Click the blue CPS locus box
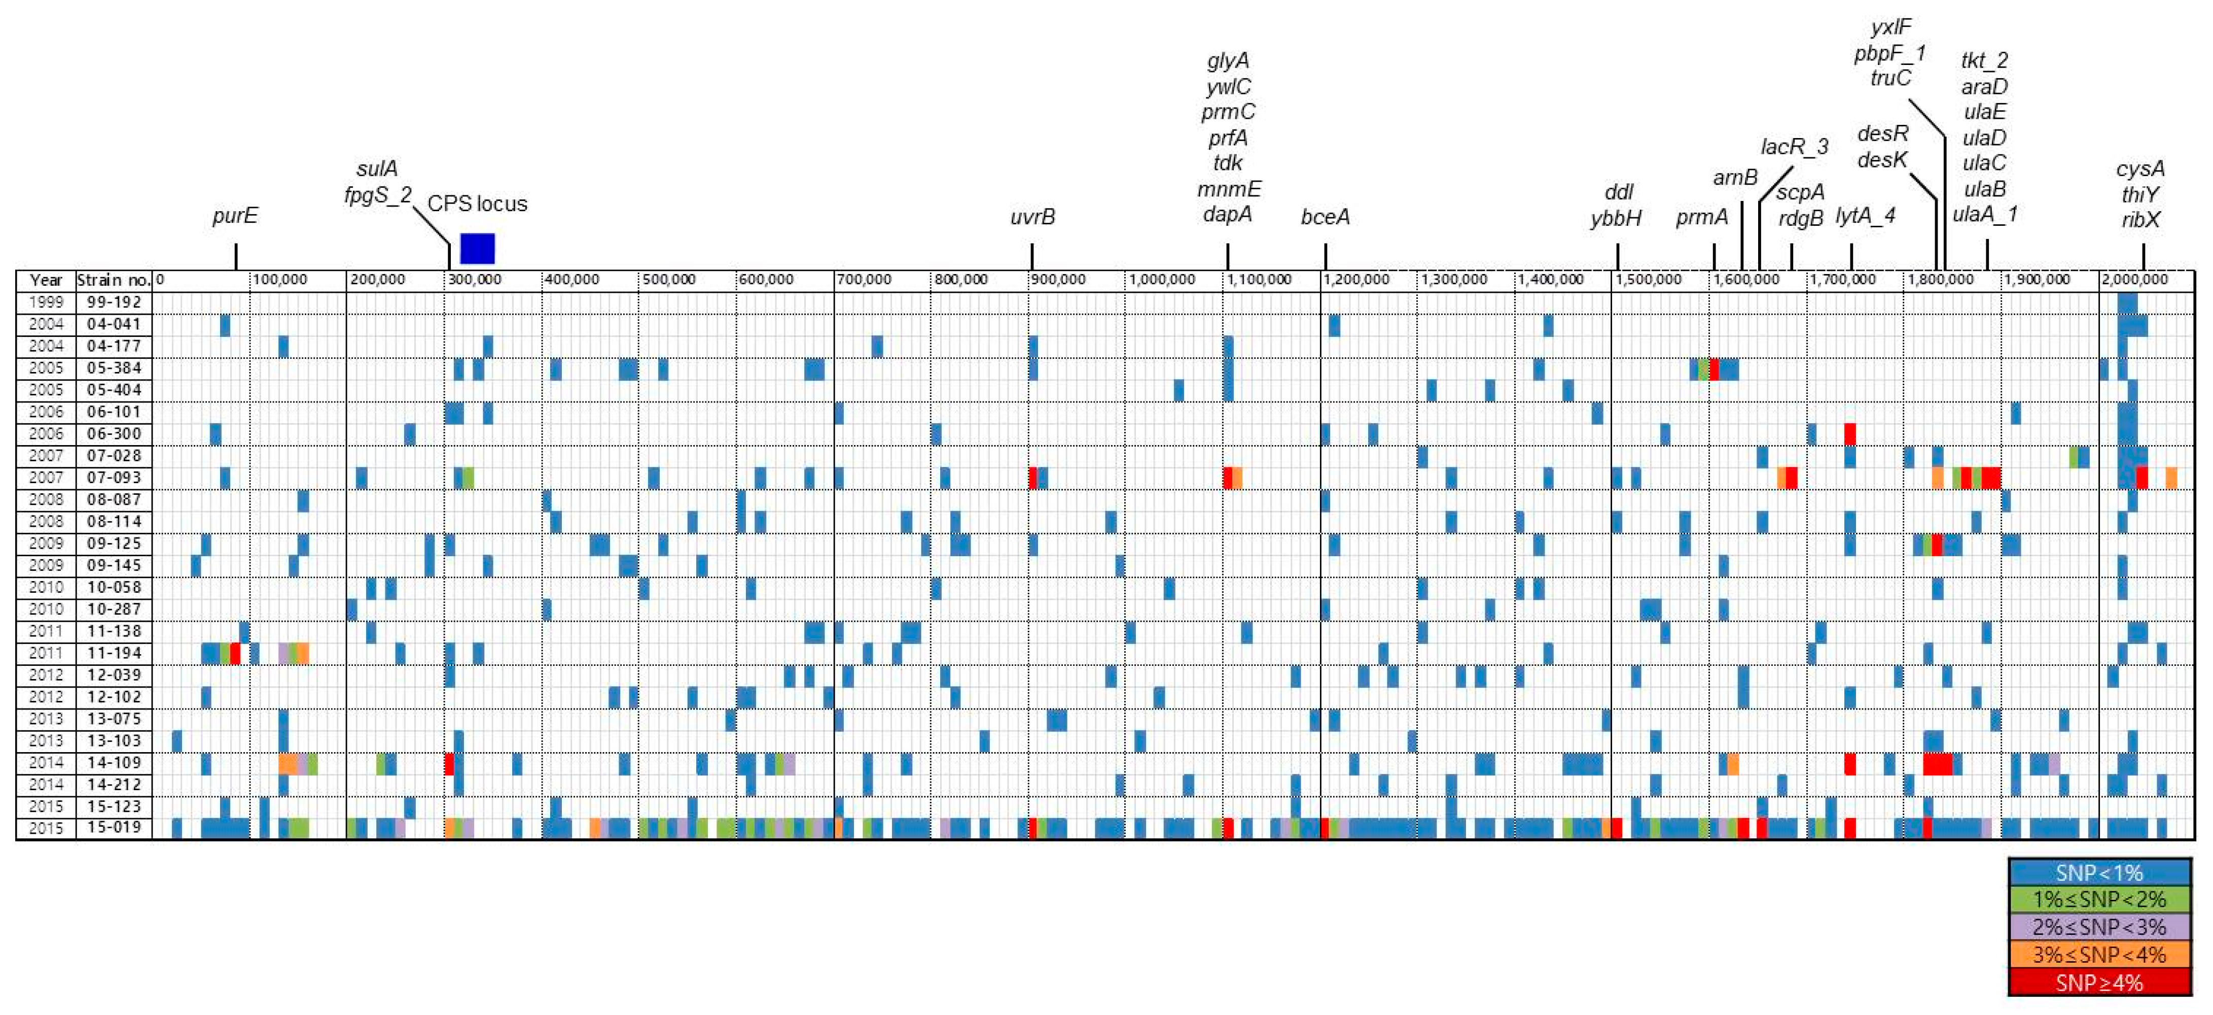coord(478,248)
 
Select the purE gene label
coord(234,216)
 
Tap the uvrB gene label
coord(1032,217)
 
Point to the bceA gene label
coord(1325,217)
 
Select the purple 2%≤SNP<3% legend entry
coord(2099,927)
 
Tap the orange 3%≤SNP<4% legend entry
coord(2099,955)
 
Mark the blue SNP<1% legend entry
coord(2099,872)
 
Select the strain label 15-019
coord(114,828)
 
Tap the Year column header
coord(46,280)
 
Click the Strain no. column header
coord(114,280)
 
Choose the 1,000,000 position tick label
coord(1161,280)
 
